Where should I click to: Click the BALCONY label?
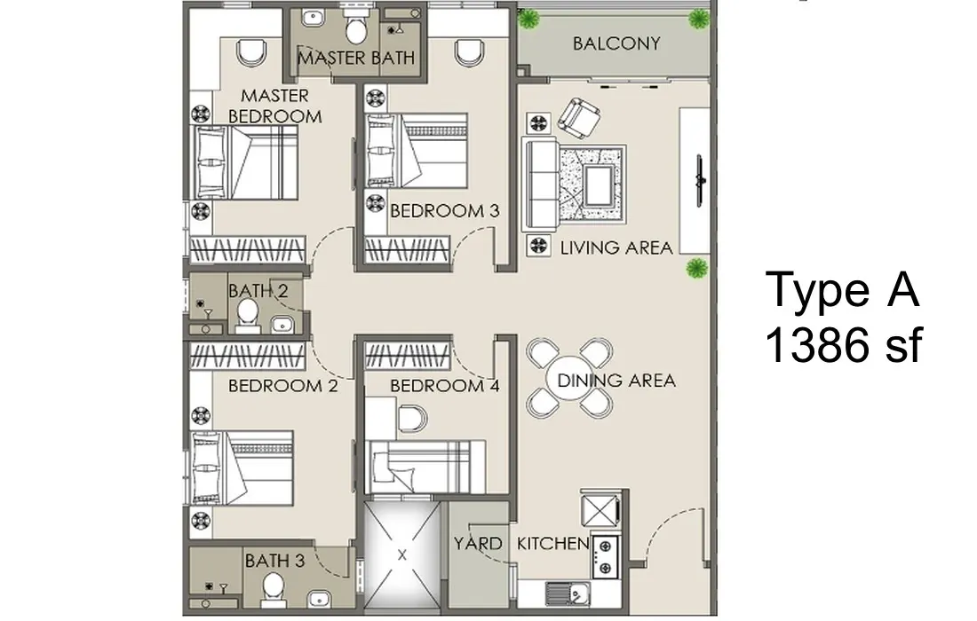[616, 43]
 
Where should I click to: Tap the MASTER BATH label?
[356, 58]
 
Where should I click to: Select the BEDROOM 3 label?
[445, 211]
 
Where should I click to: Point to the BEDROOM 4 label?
[445, 386]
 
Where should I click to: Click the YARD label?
[478, 543]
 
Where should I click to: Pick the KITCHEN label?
[552, 543]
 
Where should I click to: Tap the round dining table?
[569, 379]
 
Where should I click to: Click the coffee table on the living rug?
[600, 183]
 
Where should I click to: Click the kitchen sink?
[567, 593]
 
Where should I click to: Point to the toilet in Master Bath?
[356, 26]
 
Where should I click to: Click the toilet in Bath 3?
[273, 589]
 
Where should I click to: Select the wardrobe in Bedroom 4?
[408, 355]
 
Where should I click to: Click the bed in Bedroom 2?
[242, 468]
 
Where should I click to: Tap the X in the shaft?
[401, 554]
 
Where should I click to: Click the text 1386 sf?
[842, 345]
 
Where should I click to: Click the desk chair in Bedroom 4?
[412, 418]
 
